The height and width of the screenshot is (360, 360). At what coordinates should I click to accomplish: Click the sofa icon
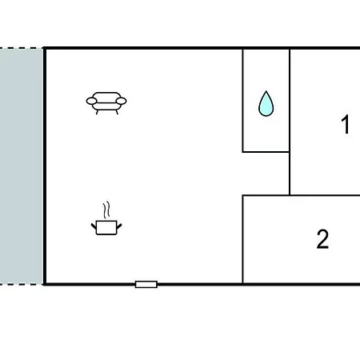click(106, 103)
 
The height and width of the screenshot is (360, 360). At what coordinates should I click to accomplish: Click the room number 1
click(346, 124)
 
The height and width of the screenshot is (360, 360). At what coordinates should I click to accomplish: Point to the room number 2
click(322, 239)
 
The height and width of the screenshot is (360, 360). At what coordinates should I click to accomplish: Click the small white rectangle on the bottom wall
click(146, 284)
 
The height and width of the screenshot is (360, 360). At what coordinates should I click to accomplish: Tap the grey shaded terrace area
click(22, 166)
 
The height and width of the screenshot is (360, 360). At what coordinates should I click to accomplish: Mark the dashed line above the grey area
click(22, 48)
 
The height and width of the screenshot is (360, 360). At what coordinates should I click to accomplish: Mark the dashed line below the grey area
click(22, 285)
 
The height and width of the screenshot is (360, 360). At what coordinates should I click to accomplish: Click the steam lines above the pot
click(106, 210)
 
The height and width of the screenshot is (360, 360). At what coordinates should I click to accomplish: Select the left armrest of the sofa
click(91, 101)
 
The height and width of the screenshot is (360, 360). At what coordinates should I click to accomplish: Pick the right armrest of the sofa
click(122, 101)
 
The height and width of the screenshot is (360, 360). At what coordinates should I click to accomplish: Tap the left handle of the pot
click(94, 226)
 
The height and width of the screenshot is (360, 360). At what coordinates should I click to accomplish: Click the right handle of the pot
click(119, 226)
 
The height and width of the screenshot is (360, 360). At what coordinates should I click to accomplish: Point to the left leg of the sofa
click(98, 112)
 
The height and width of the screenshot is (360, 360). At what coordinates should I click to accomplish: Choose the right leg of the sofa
click(117, 112)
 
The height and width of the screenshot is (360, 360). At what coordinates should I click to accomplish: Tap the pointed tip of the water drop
click(266, 91)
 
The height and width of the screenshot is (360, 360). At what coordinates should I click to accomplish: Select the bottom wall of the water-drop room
click(266, 152)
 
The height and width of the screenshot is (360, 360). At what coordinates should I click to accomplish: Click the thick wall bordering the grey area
click(45, 166)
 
